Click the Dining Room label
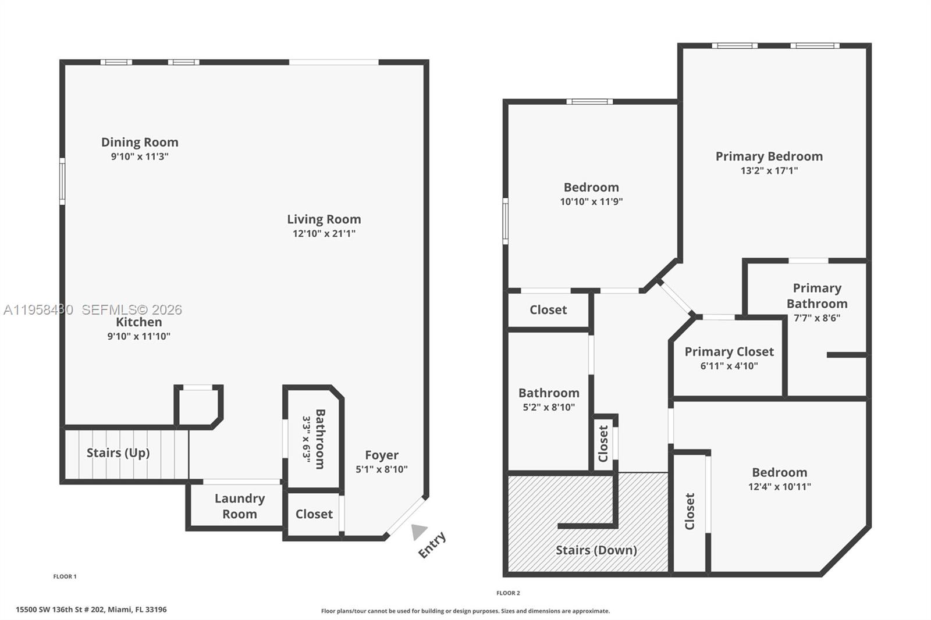(x=140, y=142)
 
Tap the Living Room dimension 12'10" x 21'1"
(x=324, y=234)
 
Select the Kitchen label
(x=138, y=322)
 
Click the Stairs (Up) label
(x=118, y=453)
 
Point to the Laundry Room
(x=239, y=506)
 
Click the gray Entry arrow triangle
(x=418, y=532)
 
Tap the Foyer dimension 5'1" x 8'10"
(x=382, y=469)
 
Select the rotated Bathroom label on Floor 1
(x=319, y=439)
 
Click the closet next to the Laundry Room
(x=314, y=514)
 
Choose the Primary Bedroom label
(x=769, y=156)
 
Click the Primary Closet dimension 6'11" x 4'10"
(x=729, y=366)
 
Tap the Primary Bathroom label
(x=817, y=295)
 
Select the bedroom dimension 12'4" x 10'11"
(x=779, y=487)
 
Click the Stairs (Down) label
(x=596, y=550)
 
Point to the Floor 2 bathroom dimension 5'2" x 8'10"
(x=549, y=408)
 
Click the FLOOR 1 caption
(x=65, y=576)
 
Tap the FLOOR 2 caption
(x=508, y=593)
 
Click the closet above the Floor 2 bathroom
(x=548, y=310)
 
